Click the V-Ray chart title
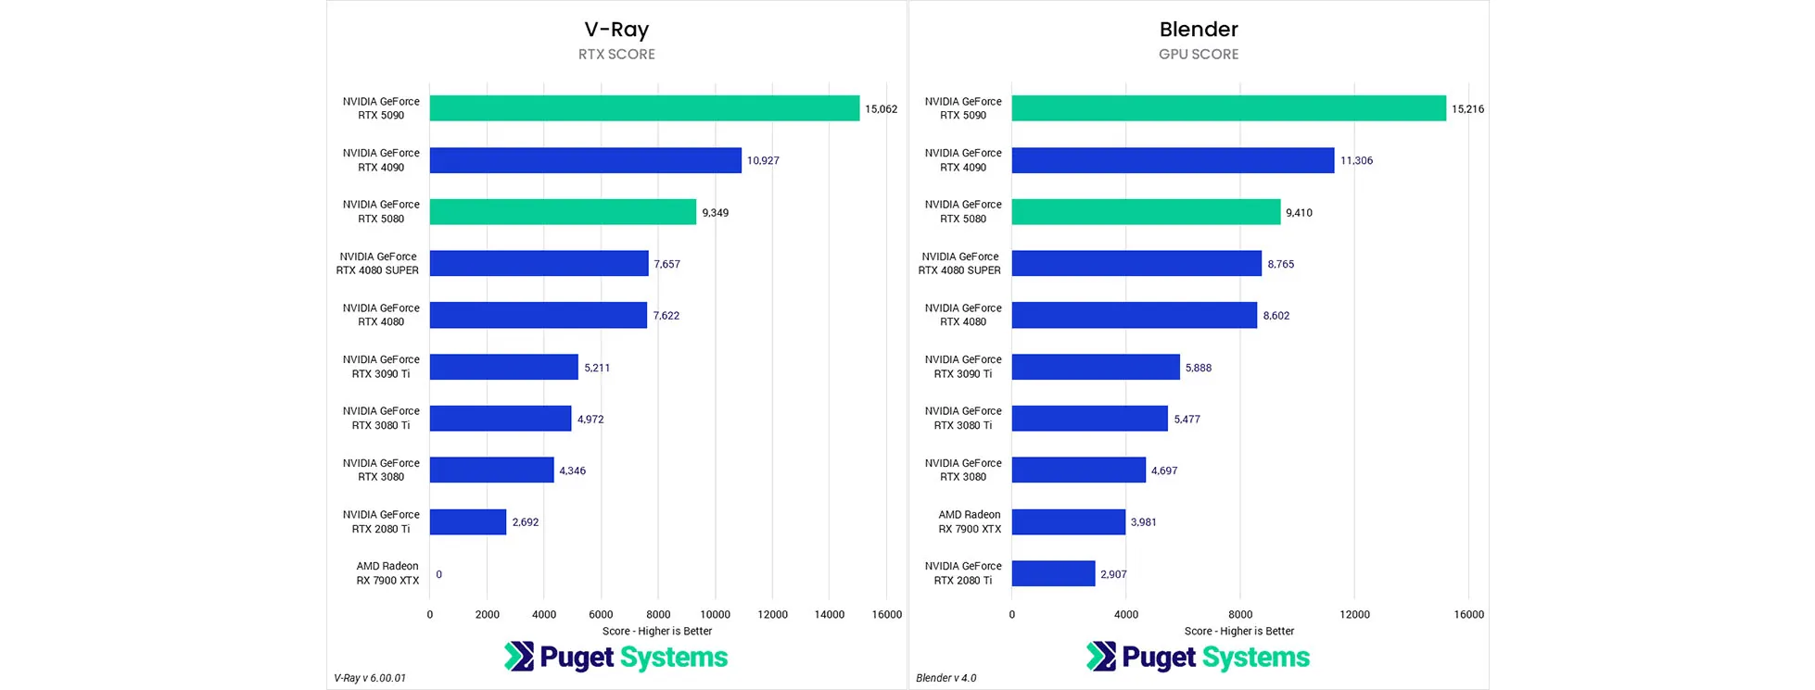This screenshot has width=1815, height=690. [x=616, y=30]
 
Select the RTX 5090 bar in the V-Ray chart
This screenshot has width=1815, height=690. [x=644, y=108]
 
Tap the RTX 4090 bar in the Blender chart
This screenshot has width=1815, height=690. [x=1173, y=160]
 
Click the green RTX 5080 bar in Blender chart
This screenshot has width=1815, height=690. [x=1146, y=212]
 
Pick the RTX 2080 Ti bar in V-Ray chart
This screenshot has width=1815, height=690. [x=468, y=522]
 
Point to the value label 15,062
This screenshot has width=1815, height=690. [x=881, y=109]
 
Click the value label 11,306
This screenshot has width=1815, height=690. [x=1356, y=161]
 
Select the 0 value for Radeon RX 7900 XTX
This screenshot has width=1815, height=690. [x=439, y=574]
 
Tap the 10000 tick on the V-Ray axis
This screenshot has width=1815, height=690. [x=715, y=614]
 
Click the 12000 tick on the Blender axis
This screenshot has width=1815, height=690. [x=1354, y=614]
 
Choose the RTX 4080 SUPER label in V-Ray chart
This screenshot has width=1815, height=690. [x=377, y=264]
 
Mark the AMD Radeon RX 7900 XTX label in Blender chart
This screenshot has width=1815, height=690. [x=970, y=522]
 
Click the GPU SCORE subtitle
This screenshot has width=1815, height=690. [x=1199, y=55]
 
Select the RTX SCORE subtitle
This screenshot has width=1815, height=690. [x=616, y=55]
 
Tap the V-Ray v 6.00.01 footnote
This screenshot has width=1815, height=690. [x=370, y=678]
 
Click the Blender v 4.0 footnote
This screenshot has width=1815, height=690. [x=946, y=678]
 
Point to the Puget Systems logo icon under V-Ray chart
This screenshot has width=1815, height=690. [x=519, y=657]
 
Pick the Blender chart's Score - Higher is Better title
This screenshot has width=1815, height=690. [x=1239, y=632]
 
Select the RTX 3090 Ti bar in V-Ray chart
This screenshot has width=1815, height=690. [x=503, y=367]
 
